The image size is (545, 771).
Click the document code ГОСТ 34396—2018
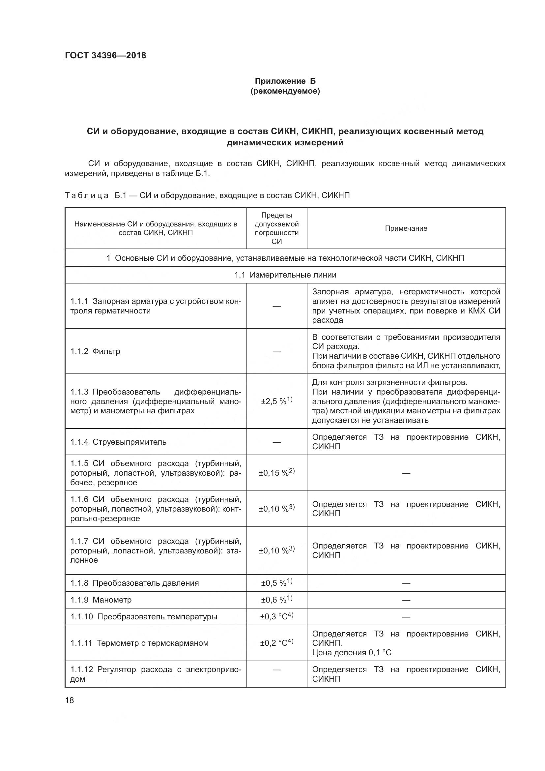(105, 55)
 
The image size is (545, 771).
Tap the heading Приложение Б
(285, 81)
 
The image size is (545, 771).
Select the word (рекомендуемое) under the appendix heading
(285, 91)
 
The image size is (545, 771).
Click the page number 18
(70, 700)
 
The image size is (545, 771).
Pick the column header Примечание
(406, 228)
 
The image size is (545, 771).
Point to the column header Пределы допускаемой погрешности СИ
(276, 228)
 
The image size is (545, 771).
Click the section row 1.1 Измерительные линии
(285, 275)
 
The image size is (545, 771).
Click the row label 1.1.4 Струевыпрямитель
(119, 442)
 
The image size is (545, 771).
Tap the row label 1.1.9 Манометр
(101, 600)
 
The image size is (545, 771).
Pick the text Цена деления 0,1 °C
(351, 652)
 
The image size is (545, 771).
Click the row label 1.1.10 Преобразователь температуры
(144, 616)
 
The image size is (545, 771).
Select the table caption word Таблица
(87, 195)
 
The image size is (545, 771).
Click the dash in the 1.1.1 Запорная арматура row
(276, 306)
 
